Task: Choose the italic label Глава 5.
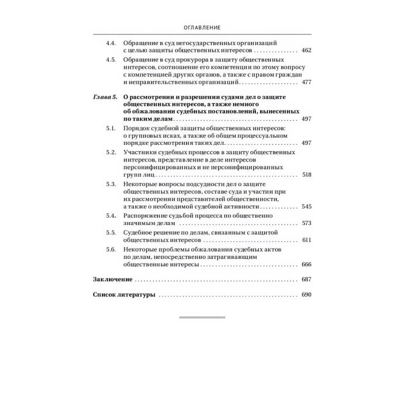coord(105,97)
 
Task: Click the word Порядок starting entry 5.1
coord(138,126)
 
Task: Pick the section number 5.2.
coord(110,153)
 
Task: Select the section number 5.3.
coord(110,184)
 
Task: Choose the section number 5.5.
coord(110,233)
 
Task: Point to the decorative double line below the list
coord(202,317)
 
